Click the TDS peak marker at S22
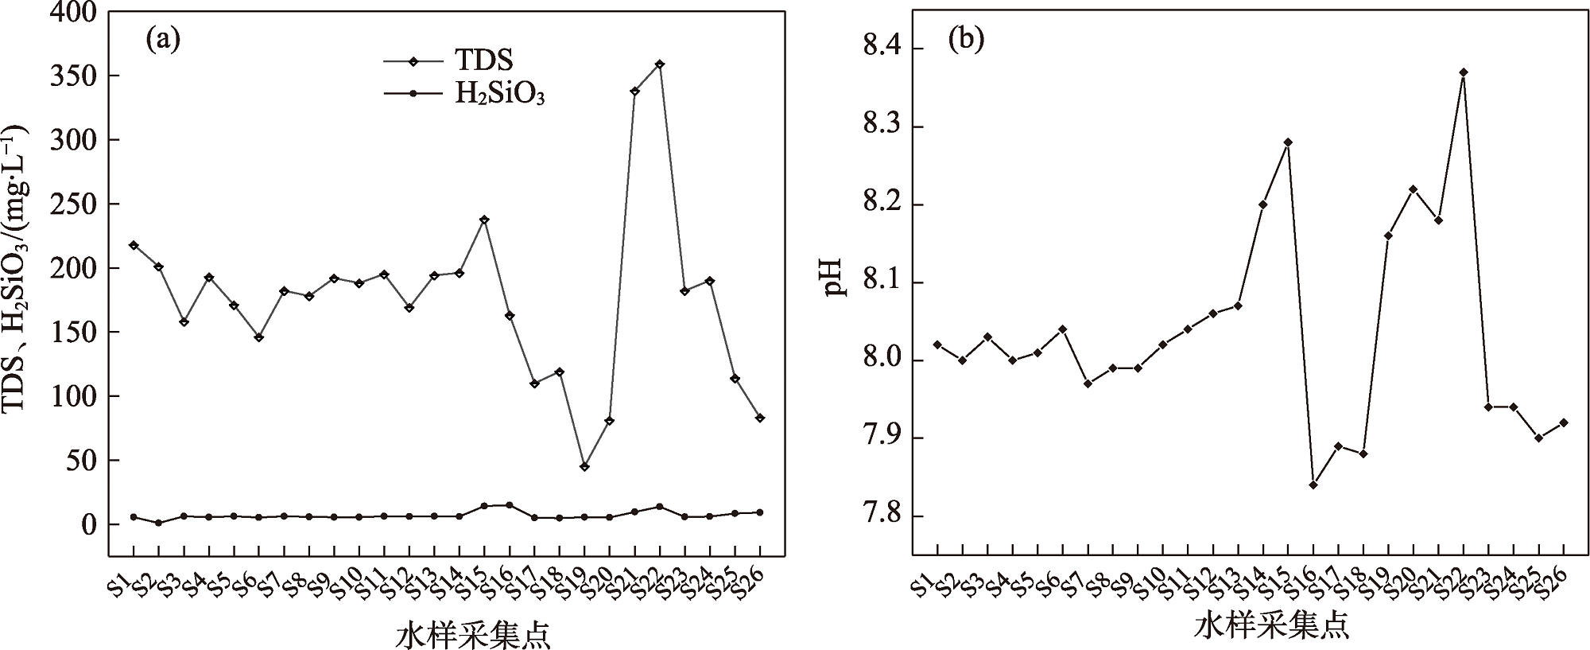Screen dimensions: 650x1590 [x=660, y=64]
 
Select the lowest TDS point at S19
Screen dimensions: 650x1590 [x=584, y=466]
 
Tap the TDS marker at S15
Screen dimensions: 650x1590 [x=484, y=220]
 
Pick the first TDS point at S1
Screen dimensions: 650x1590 [x=134, y=245]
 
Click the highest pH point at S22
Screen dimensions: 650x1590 [x=1464, y=72]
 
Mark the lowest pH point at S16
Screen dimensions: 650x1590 [x=1313, y=485]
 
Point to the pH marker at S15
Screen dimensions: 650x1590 [x=1288, y=142]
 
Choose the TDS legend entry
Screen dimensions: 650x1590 [x=449, y=60]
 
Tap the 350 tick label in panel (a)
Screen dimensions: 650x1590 [x=75, y=76]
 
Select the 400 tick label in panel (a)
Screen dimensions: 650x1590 [x=75, y=13]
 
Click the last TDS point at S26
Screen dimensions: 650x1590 [x=760, y=418]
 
